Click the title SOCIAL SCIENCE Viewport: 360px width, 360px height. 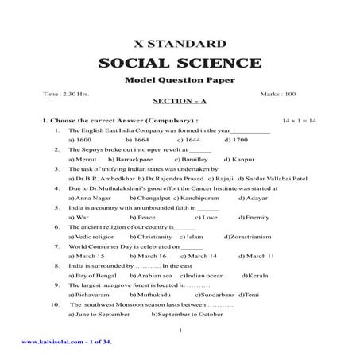point(180,63)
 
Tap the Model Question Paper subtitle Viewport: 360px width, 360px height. point(180,82)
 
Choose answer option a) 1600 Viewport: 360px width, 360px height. point(81,139)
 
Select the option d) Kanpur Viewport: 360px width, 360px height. point(240,159)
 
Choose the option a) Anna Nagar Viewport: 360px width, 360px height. point(90,198)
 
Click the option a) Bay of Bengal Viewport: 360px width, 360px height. point(93,275)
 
